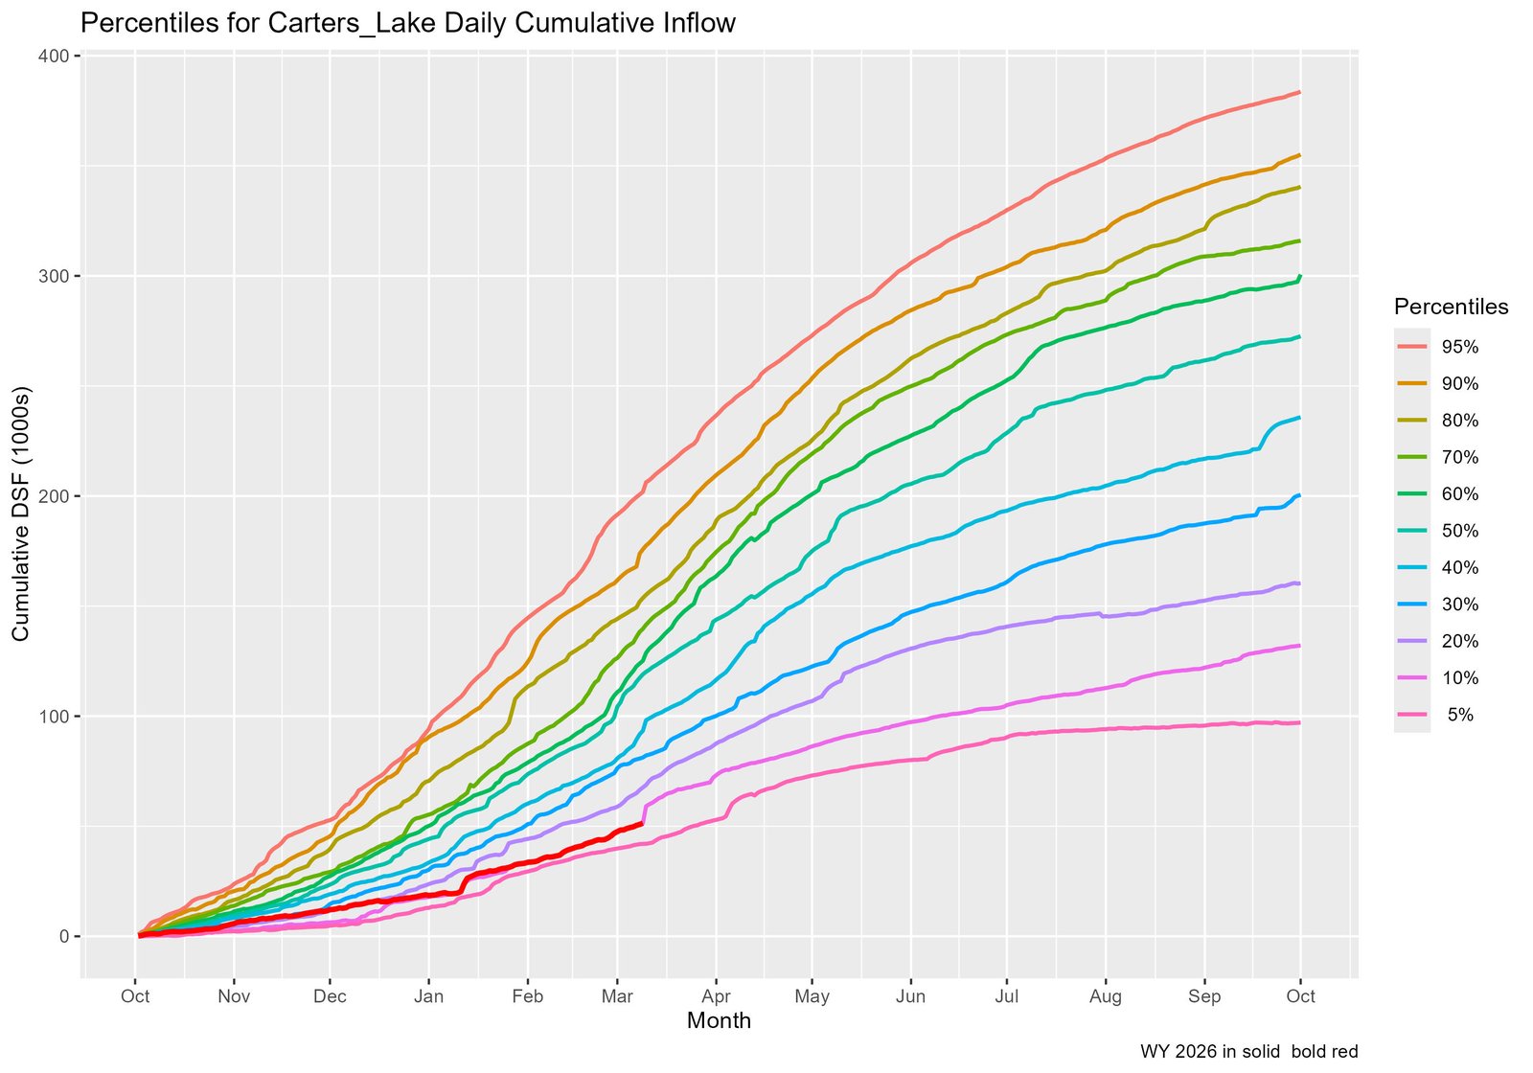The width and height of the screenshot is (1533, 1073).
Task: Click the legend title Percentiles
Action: point(1451,307)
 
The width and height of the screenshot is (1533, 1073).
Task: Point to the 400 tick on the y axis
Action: point(57,56)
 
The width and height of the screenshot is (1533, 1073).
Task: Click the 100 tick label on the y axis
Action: point(57,717)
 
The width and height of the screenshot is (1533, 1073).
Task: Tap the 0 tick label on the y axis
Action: point(64,937)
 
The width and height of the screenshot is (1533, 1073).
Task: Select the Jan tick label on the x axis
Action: point(428,996)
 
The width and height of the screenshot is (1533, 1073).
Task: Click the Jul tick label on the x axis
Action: point(1007,996)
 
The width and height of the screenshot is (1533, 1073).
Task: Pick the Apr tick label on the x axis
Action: point(716,996)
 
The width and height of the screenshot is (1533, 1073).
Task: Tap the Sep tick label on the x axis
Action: point(1204,996)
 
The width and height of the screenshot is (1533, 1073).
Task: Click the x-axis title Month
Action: point(719,1021)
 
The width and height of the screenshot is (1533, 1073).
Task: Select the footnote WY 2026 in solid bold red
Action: point(1248,1052)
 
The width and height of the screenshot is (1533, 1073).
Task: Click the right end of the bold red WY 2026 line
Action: point(642,823)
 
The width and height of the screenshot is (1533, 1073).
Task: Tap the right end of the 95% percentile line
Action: point(1299,92)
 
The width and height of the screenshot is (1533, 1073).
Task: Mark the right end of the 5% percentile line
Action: point(1299,722)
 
